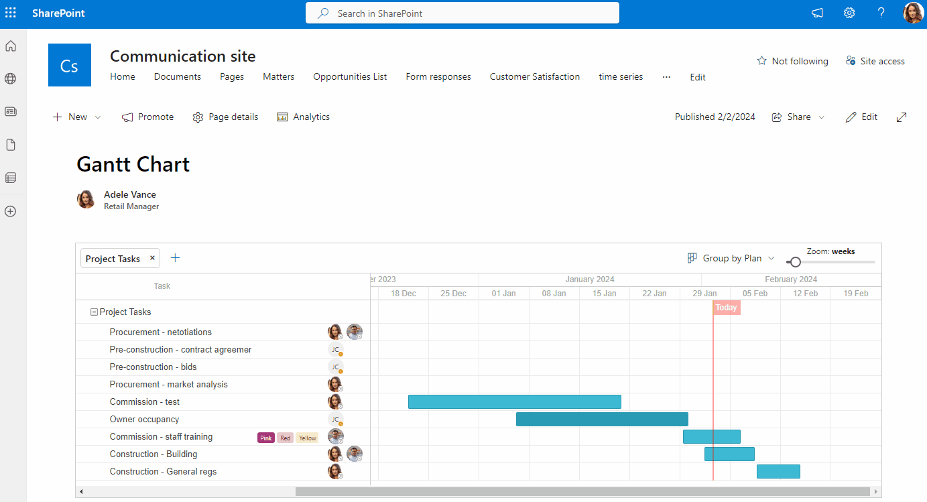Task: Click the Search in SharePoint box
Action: pyautogui.click(x=462, y=13)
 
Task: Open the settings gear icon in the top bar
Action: pyautogui.click(x=849, y=13)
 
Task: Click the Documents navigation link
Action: pyautogui.click(x=177, y=77)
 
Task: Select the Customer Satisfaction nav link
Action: pyautogui.click(x=534, y=77)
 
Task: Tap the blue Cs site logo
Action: pyautogui.click(x=70, y=65)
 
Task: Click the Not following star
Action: pyautogui.click(x=761, y=61)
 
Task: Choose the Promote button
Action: pyautogui.click(x=147, y=117)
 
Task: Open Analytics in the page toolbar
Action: pyautogui.click(x=303, y=117)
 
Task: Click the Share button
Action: pyautogui.click(x=798, y=117)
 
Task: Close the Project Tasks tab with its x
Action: pyautogui.click(x=152, y=258)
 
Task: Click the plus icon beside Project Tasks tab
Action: pyautogui.click(x=176, y=258)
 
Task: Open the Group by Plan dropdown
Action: pyautogui.click(x=731, y=258)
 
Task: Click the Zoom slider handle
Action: pyautogui.click(x=795, y=262)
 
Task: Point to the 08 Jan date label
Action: pyautogui.click(x=554, y=294)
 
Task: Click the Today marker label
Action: pyautogui.click(x=726, y=308)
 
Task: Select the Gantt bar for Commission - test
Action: pyautogui.click(x=514, y=402)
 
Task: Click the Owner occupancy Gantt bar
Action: pyautogui.click(x=602, y=420)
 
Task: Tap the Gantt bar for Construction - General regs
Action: pyautogui.click(x=778, y=472)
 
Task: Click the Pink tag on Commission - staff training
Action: pyautogui.click(x=266, y=438)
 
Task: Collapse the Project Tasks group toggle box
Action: pyautogui.click(x=94, y=312)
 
